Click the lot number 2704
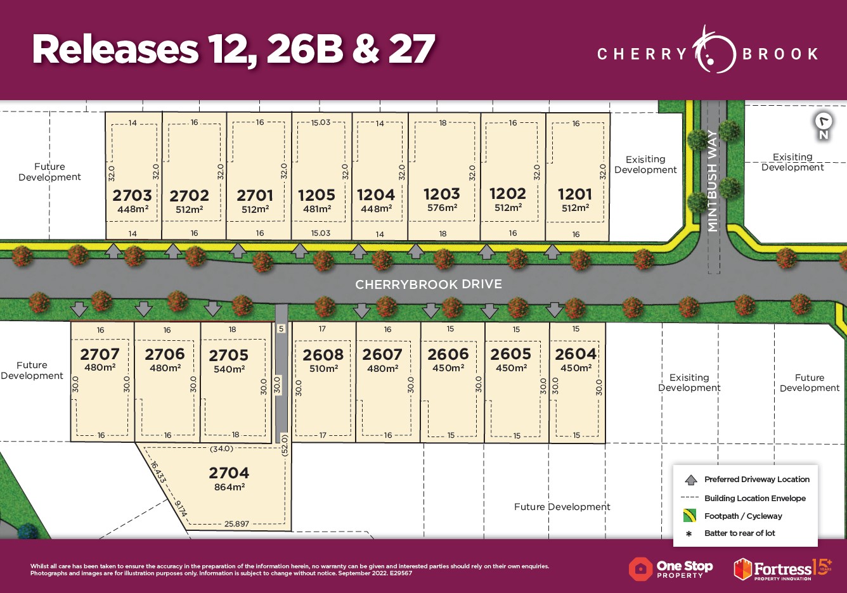click(x=229, y=473)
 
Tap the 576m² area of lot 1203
click(x=442, y=208)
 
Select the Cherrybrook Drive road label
click(x=429, y=284)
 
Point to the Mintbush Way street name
click(x=713, y=181)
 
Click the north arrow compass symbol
click(x=824, y=124)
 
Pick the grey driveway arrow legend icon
click(x=690, y=480)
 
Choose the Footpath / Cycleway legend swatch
click(x=690, y=516)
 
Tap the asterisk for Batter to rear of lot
click(x=689, y=533)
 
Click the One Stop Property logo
click(x=671, y=569)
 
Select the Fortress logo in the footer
click(x=782, y=569)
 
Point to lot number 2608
click(x=323, y=355)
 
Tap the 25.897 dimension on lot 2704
click(x=236, y=524)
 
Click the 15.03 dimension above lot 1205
click(x=321, y=122)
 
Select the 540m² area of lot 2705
click(x=229, y=369)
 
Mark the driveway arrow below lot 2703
click(x=113, y=251)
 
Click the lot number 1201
click(x=575, y=194)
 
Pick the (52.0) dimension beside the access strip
click(x=285, y=444)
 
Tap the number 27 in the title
click(x=411, y=49)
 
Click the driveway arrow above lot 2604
click(x=555, y=310)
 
